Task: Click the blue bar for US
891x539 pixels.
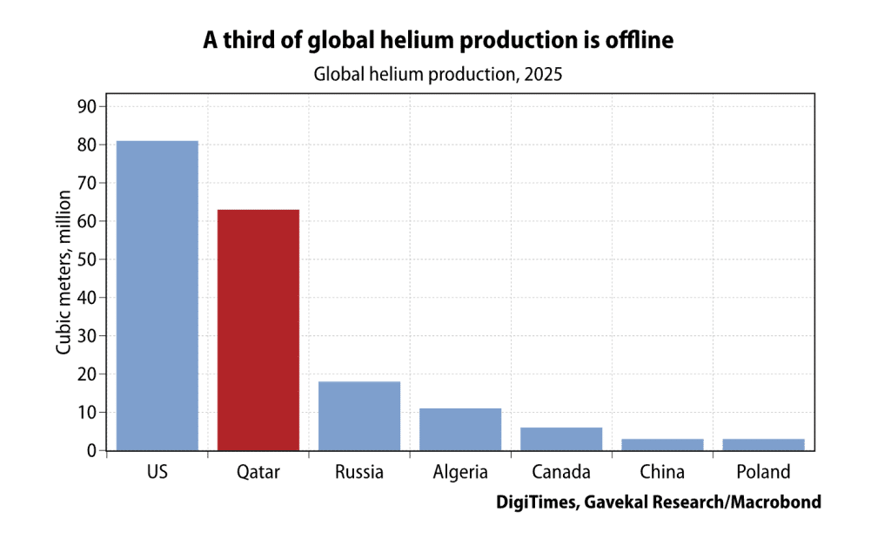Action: point(157,295)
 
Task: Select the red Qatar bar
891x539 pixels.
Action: point(258,330)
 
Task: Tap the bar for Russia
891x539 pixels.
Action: point(359,415)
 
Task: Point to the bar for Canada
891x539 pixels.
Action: point(561,439)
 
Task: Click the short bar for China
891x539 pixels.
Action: point(662,444)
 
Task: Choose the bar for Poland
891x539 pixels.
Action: point(763,444)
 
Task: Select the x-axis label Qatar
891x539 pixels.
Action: point(258,473)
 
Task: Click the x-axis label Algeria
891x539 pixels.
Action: point(460,473)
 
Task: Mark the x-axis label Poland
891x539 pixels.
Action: point(763,473)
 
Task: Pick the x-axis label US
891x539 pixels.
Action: point(157,473)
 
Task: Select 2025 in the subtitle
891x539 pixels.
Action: point(543,74)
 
